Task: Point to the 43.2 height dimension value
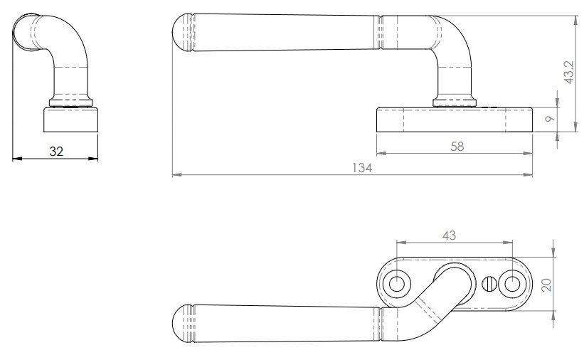click(567, 71)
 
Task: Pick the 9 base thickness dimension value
click(548, 120)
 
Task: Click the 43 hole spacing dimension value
click(450, 234)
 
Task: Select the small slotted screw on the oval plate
click(487, 284)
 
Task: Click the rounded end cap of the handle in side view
click(182, 33)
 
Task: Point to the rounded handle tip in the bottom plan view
click(184, 324)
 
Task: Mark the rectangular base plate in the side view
click(454, 120)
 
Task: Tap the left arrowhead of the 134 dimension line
click(176, 174)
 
